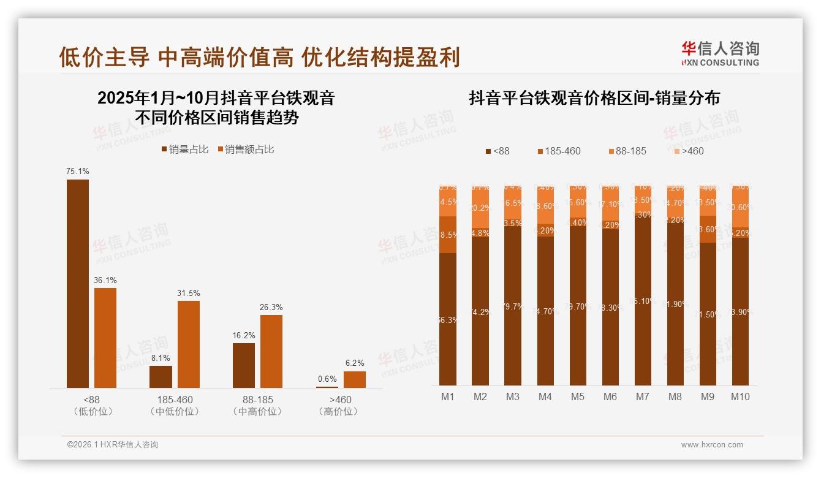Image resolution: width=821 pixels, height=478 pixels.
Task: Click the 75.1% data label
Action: coord(78,172)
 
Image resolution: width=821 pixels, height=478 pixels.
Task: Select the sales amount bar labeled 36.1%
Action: coord(105,338)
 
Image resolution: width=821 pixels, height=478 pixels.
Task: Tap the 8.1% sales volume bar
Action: coord(161,377)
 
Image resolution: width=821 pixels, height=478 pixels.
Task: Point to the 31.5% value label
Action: coord(189,293)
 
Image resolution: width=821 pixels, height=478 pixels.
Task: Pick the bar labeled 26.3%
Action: coord(271,351)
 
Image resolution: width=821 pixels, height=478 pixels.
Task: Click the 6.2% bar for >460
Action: coord(355,379)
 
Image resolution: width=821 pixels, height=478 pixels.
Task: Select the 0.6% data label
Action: coord(327,379)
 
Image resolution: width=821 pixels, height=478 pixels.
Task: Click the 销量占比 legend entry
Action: coord(184,150)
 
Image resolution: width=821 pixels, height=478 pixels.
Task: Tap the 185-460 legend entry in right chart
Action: coord(558,151)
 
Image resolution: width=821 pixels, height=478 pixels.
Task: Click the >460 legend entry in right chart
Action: coord(689,151)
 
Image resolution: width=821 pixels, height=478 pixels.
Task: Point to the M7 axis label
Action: coord(642,396)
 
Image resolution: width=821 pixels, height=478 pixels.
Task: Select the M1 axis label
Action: coord(448,396)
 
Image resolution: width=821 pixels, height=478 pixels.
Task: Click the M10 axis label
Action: coord(740,396)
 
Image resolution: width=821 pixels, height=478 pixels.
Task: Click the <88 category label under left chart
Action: coord(92,400)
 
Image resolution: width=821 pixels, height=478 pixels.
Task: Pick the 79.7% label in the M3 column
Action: coord(513,306)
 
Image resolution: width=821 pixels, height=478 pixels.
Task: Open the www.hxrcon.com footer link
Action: coord(712,445)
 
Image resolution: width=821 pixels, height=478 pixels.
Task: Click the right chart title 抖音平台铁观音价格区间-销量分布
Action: coord(594,98)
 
